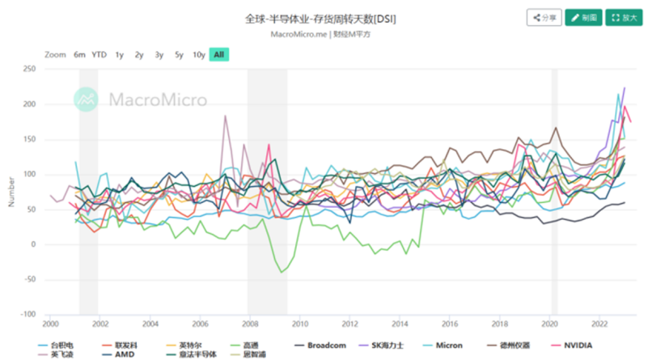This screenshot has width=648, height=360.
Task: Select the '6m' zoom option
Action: click(x=79, y=54)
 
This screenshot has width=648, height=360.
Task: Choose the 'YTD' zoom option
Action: click(x=99, y=54)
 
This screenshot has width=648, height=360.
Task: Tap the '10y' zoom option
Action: click(x=198, y=54)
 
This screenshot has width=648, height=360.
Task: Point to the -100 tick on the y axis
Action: click(x=27, y=314)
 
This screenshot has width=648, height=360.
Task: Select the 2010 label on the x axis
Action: click(x=299, y=324)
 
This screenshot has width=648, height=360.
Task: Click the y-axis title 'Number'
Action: click(x=11, y=192)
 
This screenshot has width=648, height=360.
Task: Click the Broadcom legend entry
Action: click(x=324, y=345)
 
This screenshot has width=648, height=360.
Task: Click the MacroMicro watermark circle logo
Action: click(x=86, y=100)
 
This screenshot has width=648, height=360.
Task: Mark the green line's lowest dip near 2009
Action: click(x=282, y=272)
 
